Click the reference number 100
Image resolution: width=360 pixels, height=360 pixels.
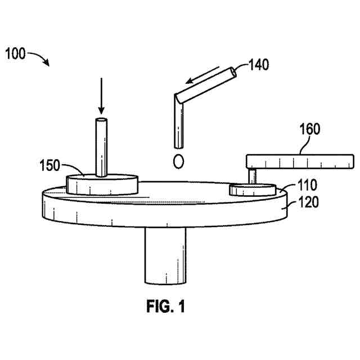pyautogui.click(x=16, y=55)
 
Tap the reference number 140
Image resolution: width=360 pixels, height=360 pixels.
pyautogui.click(x=258, y=65)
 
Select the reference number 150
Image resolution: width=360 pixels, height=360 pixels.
pyautogui.click(x=49, y=166)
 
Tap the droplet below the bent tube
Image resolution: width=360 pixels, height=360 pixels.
pyautogui.click(x=179, y=161)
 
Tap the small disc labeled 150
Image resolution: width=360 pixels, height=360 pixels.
pyautogui.click(x=102, y=184)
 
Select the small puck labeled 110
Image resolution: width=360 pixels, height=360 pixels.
pyautogui.click(x=252, y=190)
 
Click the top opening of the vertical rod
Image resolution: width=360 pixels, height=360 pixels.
pyautogui.click(x=101, y=121)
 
